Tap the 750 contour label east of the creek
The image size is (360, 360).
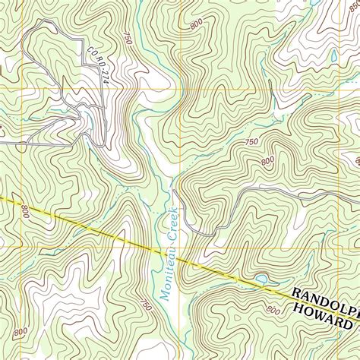tap(251, 143)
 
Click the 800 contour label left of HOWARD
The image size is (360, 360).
tap(272, 310)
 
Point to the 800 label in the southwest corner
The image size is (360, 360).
tap(21, 330)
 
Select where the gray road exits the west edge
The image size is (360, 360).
tap(2, 142)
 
